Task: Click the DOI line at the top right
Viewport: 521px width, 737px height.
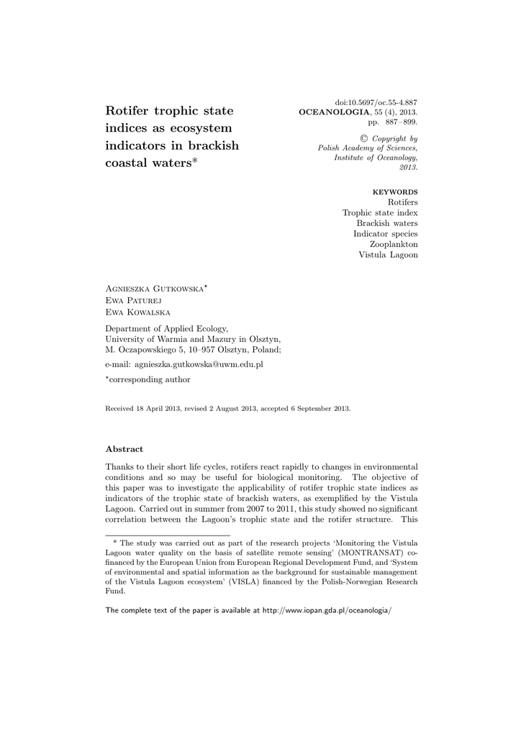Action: point(376,103)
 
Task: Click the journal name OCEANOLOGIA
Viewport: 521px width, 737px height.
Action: point(333,113)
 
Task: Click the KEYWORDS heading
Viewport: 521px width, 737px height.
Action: point(394,192)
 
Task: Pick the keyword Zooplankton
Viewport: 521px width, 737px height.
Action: point(394,244)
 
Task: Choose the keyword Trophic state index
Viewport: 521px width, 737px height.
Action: point(380,213)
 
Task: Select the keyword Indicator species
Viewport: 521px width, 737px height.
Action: point(385,234)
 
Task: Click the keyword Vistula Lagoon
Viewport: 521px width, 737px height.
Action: point(388,255)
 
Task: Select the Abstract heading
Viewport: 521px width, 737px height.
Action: point(124,448)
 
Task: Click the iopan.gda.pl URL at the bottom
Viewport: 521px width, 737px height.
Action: point(327,610)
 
